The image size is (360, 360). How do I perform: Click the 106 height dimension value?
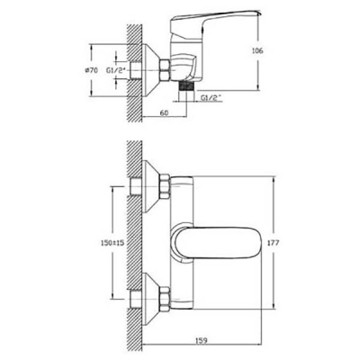257,50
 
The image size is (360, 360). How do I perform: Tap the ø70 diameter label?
92,71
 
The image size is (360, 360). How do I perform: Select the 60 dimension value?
164,112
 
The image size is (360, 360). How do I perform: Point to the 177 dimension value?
273,242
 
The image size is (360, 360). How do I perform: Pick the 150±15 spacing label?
112,243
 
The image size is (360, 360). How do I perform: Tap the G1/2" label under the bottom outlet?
211,97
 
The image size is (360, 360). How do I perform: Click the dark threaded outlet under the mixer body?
185,85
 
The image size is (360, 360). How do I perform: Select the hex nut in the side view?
165,70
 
